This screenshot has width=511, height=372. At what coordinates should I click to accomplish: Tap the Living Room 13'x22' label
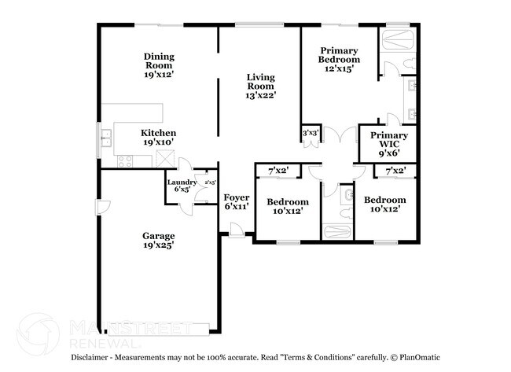[260, 86]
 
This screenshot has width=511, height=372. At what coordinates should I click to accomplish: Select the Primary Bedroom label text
[339, 59]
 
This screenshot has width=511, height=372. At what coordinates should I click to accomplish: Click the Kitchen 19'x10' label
[158, 138]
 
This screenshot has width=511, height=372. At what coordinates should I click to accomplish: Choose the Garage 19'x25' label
[158, 240]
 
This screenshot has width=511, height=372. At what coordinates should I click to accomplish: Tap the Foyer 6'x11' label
[237, 202]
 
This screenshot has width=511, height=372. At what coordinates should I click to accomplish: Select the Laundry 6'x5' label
[182, 186]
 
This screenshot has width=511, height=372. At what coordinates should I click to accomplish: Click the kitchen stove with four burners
[125, 160]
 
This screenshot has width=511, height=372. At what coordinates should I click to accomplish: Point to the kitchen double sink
[107, 142]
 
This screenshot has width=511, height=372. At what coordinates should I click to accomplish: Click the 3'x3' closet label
[311, 134]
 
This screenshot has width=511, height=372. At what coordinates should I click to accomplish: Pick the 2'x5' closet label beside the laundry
[210, 182]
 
